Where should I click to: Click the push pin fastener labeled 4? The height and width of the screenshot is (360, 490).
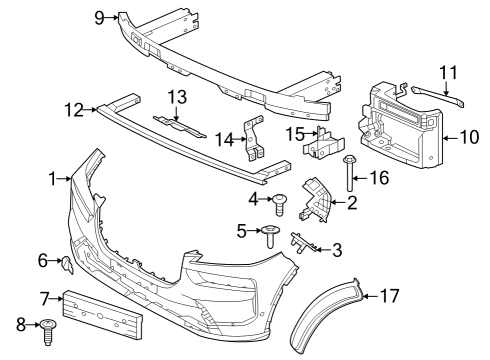point(281,203)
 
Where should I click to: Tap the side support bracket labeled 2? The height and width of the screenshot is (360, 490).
point(318,201)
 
